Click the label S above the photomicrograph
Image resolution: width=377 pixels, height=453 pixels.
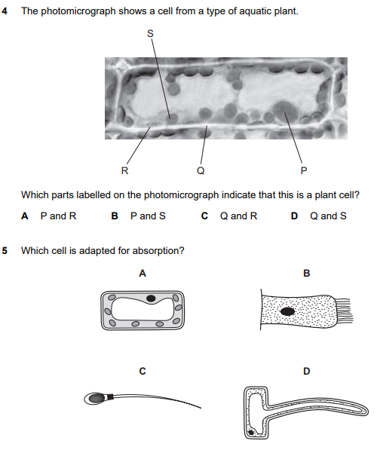click(x=150, y=33)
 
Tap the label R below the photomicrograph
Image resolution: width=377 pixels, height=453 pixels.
click(x=124, y=171)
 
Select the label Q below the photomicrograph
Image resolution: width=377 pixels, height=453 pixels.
click(x=201, y=171)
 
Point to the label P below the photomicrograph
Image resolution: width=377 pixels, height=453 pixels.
click(x=304, y=171)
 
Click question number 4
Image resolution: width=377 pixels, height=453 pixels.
click(x=5, y=11)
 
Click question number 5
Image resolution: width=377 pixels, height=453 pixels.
click(x=5, y=250)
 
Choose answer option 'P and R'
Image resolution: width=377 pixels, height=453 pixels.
click(x=58, y=216)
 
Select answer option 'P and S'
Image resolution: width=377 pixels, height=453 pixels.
click(x=148, y=216)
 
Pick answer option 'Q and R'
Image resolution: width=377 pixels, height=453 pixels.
click(x=238, y=216)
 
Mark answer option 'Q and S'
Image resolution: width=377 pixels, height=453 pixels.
click(x=328, y=216)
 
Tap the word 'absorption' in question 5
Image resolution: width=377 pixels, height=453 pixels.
click(x=158, y=251)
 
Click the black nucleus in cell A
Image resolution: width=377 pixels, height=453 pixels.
click(x=151, y=298)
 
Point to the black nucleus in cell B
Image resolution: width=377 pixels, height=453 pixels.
click(x=288, y=311)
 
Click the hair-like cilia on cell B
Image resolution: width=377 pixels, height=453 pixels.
click(x=344, y=311)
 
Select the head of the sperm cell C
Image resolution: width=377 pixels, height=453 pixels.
click(x=97, y=398)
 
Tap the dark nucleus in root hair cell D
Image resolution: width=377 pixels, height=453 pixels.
click(x=251, y=433)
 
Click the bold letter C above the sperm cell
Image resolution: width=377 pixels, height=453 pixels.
click(x=143, y=371)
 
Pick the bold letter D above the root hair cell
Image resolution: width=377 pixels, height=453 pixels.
click(x=307, y=371)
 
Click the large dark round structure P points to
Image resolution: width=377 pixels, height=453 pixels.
click(x=285, y=112)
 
